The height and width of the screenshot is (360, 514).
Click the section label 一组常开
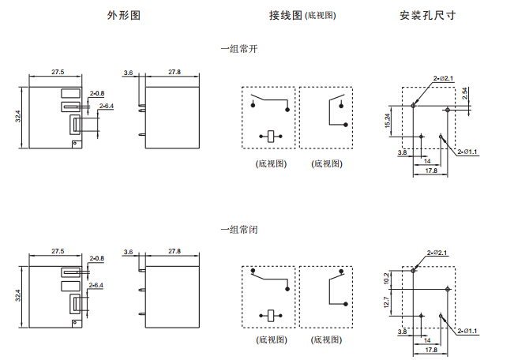pyautogui.click(x=238, y=49)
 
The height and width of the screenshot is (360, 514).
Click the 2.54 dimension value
pyautogui.click(x=465, y=93)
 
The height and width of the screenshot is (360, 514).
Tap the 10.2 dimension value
pyautogui.click(x=388, y=278)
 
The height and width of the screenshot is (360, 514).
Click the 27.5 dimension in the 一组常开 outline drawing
pyautogui.click(x=58, y=72)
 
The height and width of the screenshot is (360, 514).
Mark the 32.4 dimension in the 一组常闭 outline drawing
pyautogui.click(x=19, y=297)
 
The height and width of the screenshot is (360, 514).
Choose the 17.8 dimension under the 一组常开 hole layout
pyautogui.click(x=431, y=171)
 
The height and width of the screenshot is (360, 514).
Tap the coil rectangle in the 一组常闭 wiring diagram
pyautogui.click(x=269, y=315)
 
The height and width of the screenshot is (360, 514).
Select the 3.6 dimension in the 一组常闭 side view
pyautogui.click(x=129, y=251)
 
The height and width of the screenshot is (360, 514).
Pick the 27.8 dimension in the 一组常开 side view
pyautogui.click(x=174, y=72)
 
